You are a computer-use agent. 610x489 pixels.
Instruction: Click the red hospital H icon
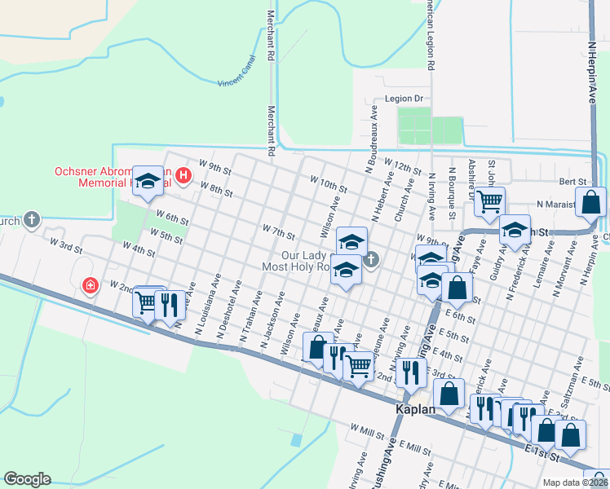pos(183,174)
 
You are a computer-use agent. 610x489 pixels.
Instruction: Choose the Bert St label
pos(572,182)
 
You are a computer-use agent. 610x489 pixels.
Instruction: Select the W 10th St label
pos(329,182)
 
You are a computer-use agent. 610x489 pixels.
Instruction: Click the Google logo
pos(27,479)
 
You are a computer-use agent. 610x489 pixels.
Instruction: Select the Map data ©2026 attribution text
pos(576,482)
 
